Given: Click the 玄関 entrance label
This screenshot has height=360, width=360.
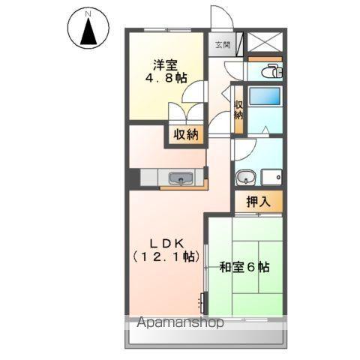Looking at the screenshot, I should pos(223,45).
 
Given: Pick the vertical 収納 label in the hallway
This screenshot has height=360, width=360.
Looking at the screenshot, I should pos(238,111).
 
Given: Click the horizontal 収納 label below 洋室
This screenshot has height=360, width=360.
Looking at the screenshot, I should pos(186,135).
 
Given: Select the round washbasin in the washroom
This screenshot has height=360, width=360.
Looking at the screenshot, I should pos(244,178).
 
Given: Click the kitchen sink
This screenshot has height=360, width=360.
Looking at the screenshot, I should pos(181,178).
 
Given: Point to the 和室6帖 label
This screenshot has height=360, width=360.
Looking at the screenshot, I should pos(244,267).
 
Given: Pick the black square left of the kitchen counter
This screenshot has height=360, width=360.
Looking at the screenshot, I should pos(132,178).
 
